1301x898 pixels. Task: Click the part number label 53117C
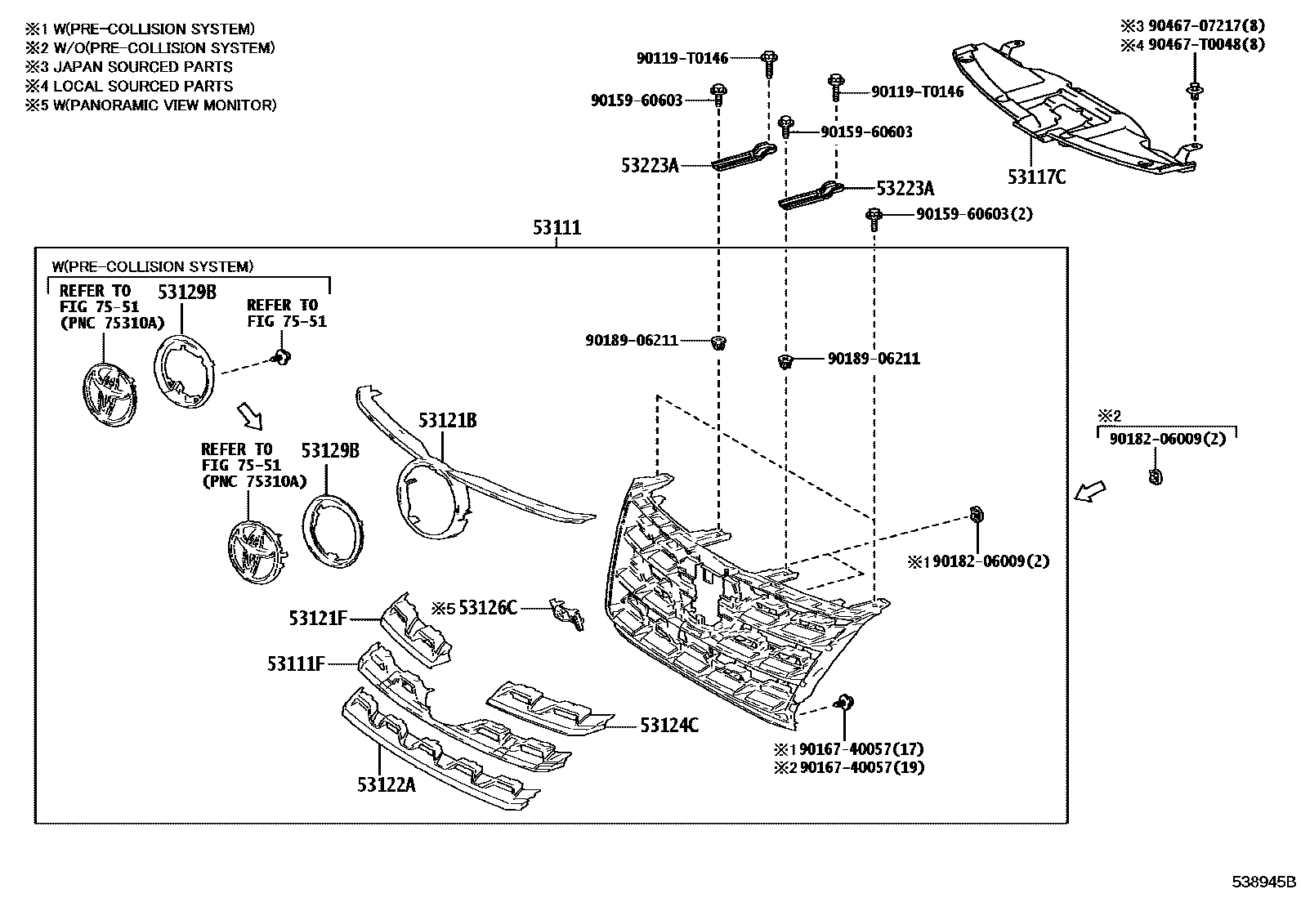pyautogui.click(x=1036, y=176)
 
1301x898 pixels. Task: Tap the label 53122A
pyautogui.click(x=386, y=784)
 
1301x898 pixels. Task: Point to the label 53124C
pyautogui.click(x=669, y=725)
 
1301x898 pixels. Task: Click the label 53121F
pyautogui.click(x=318, y=619)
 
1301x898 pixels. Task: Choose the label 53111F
pyautogui.click(x=296, y=663)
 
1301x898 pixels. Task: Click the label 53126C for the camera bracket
pyautogui.click(x=488, y=607)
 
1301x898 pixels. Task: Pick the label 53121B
pyautogui.click(x=447, y=421)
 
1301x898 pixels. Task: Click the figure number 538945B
pyautogui.click(x=1263, y=882)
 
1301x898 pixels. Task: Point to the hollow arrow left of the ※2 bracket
pyautogui.click(x=1089, y=491)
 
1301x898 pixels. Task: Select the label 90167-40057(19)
pyautogui.click(x=861, y=767)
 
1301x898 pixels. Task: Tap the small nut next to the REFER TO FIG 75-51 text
pyautogui.click(x=282, y=356)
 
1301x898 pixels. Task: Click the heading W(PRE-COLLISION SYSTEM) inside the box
pyautogui.click(x=153, y=266)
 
